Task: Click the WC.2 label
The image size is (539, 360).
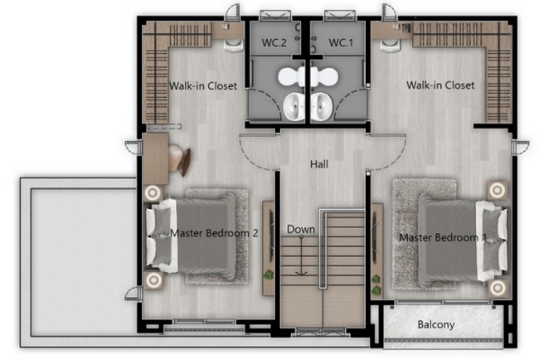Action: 274,42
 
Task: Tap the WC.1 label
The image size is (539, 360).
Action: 341,42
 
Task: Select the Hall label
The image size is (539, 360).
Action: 319,164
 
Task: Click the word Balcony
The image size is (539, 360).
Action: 436,324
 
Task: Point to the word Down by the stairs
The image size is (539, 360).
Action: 301,229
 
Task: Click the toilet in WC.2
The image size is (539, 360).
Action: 290,76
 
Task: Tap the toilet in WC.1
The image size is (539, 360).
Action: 324,76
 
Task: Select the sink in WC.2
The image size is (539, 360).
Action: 294,106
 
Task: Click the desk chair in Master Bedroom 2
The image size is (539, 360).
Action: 179,160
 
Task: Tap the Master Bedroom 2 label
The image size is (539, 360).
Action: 214,233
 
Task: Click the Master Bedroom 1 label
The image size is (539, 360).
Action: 443,237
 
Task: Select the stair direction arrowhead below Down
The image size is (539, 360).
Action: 302,273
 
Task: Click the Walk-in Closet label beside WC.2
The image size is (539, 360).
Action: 203,85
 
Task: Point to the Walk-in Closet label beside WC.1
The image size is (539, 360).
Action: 440,85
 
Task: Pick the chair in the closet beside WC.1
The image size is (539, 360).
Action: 391,45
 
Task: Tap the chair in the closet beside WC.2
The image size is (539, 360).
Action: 234,45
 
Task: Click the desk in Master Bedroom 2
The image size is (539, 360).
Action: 155,159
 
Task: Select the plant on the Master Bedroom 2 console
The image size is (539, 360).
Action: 268,275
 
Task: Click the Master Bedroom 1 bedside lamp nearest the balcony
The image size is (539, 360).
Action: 497,287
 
